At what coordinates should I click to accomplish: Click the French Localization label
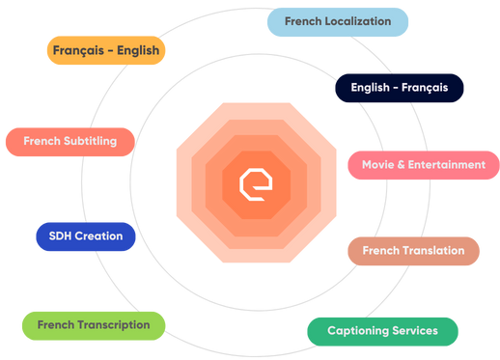tap(337, 21)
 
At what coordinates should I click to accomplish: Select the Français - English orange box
tap(106, 50)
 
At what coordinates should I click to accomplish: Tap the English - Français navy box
tap(399, 88)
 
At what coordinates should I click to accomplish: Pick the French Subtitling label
tap(69, 142)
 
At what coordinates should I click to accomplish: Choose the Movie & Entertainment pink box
tap(423, 165)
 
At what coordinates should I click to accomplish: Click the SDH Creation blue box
tap(85, 236)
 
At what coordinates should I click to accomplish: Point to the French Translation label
tap(413, 251)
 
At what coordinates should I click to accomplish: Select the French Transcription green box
tap(94, 325)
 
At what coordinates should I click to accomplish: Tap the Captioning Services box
tap(382, 331)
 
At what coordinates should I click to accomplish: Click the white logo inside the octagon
tap(256, 182)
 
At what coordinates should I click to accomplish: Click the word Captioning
tap(357, 331)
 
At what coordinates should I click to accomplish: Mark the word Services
tap(414, 331)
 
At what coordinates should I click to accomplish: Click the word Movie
tap(377, 165)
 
